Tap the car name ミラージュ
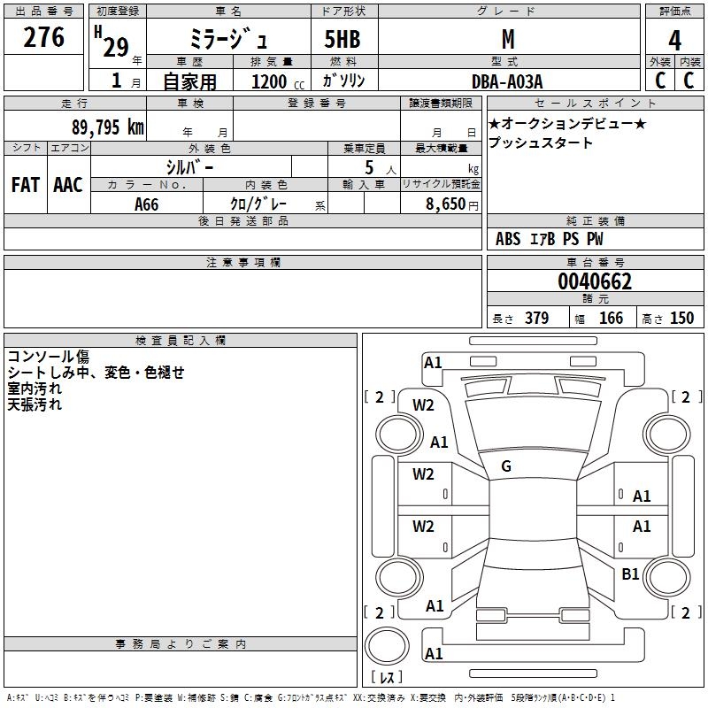coord(227,40)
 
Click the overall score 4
coord(675,41)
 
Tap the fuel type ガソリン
coord(343,81)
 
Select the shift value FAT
coord(25,185)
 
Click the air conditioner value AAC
coord(67,185)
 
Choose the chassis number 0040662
coord(595,282)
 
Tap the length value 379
coord(536,319)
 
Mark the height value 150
coord(681,319)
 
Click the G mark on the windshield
coord(506,466)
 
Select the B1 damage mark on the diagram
coord(630,574)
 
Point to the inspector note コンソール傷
coord(48,356)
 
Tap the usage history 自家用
coord(189,81)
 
